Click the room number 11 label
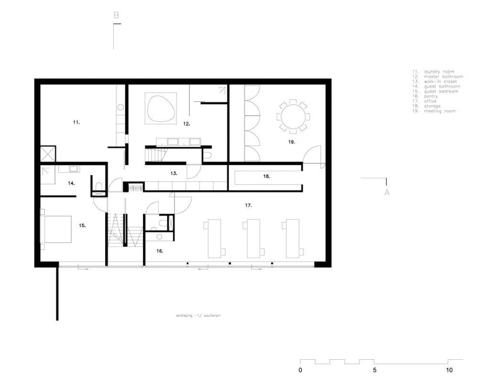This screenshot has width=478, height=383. [x=76, y=123]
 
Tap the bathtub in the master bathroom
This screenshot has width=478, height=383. [x=161, y=109]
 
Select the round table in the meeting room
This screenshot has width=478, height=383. [x=292, y=116]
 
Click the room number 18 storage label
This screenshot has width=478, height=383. [x=267, y=176]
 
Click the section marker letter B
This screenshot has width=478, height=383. [x=116, y=16]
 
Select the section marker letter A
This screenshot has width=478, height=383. [x=387, y=192]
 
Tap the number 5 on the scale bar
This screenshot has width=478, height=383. [x=375, y=370]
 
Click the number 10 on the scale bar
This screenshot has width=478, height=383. [x=449, y=370]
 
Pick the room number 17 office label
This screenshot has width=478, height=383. [x=248, y=205]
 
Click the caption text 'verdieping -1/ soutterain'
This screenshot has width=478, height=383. [x=197, y=316]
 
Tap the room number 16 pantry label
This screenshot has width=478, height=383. [x=159, y=250]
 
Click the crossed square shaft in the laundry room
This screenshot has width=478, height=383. [x=48, y=154]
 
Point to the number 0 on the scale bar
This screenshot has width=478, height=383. [x=300, y=370]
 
